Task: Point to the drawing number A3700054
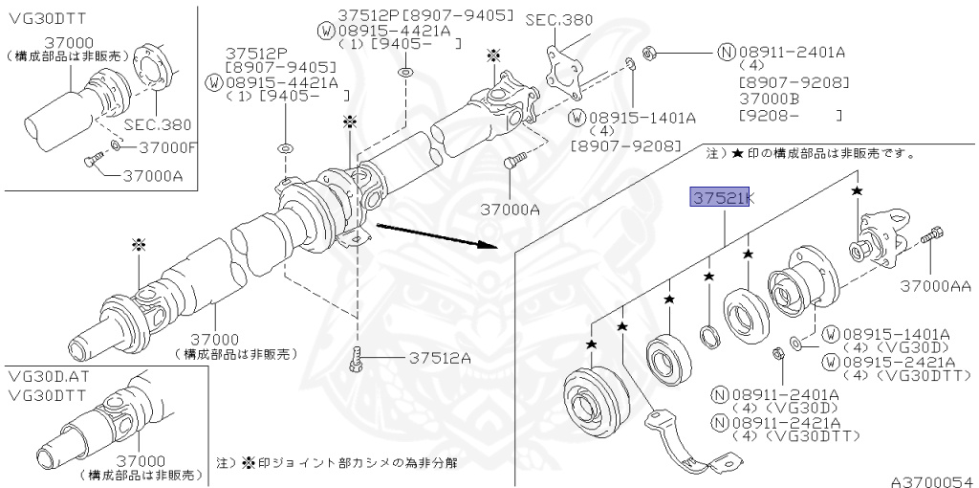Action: tap(931, 476)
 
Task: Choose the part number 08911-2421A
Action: tap(788, 422)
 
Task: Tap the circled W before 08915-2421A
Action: tap(831, 362)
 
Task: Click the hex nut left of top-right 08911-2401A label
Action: tap(648, 51)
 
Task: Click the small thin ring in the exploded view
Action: tap(710, 334)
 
